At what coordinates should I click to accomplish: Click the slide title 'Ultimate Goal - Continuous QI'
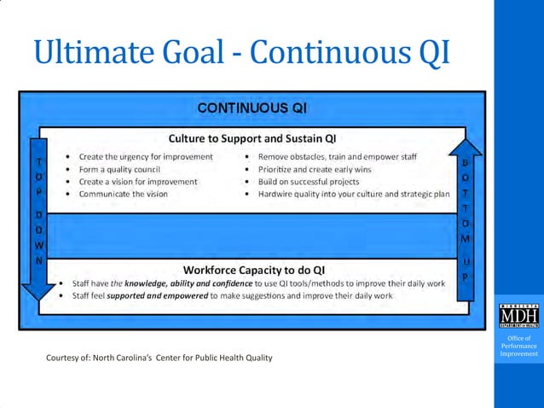(x=240, y=53)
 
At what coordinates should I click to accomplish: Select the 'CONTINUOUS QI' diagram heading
(x=252, y=108)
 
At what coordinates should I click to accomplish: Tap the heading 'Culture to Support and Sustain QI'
(x=252, y=138)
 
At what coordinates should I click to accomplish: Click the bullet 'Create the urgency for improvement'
(x=146, y=157)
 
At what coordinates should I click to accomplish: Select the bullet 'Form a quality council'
(x=119, y=169)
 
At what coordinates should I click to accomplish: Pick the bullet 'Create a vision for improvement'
(x=138, y=182)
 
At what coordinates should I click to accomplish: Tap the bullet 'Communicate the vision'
(x=124, y=194)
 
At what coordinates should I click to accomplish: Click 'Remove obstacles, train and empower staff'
(x=349, y=157)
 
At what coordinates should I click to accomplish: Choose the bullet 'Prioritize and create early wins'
(x=315, y=169)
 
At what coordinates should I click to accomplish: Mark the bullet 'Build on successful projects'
(x=308, y=182)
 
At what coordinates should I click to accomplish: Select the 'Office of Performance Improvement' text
(x=518, y=347)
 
